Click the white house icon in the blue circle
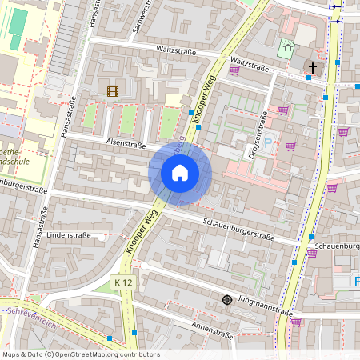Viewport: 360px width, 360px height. (x=180, y=172)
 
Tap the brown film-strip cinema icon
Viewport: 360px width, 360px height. (x=112, y=91)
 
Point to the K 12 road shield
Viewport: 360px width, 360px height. (x=122, y=282)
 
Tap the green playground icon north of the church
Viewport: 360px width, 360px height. (x=286, y=49)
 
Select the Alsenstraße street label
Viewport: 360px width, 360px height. (x=126, y=145)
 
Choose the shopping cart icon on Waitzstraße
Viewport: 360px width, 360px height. (x=234, y=70)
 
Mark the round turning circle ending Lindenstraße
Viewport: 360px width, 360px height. (x=101, y=237)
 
